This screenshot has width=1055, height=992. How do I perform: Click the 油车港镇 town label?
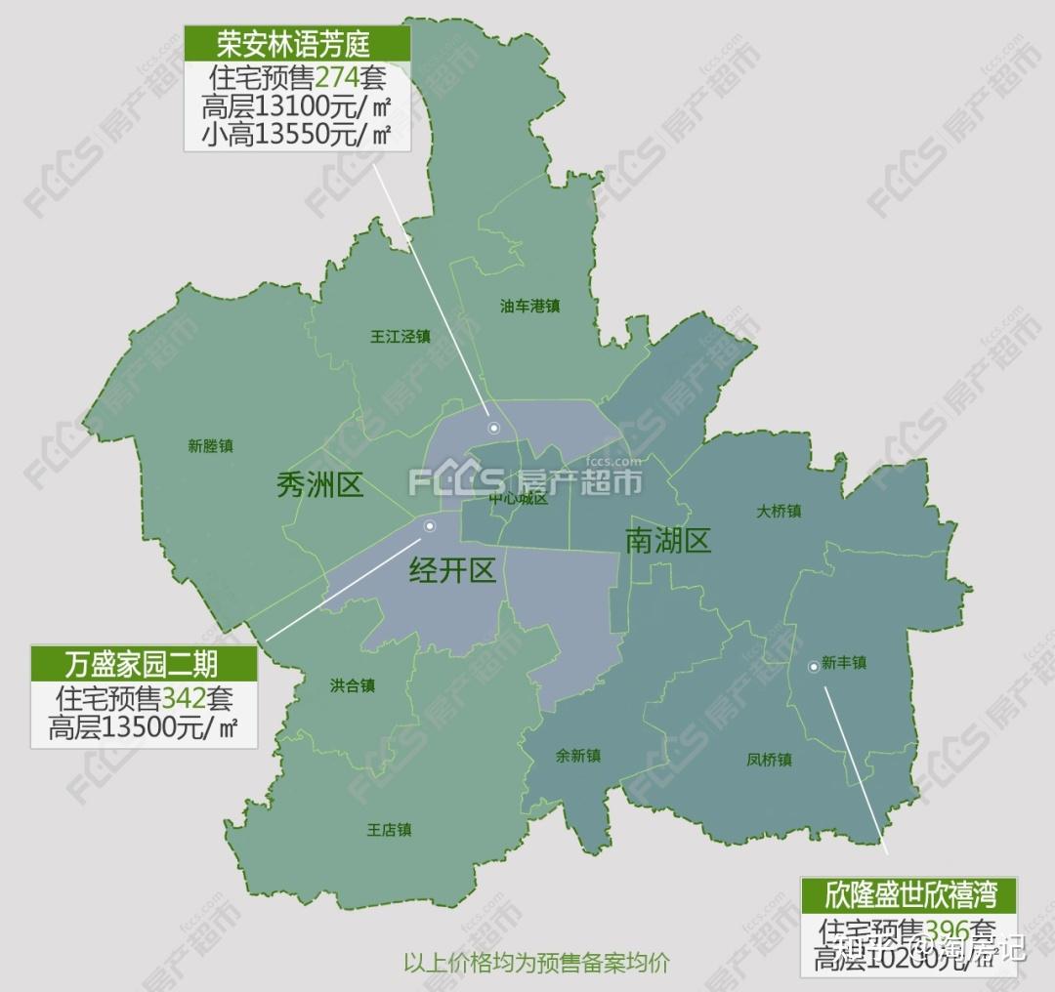529,307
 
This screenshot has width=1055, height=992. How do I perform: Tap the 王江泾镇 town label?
401,337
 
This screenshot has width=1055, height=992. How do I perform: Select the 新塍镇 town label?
210,446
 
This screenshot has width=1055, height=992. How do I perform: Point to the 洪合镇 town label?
353,685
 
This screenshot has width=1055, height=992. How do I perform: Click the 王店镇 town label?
389,831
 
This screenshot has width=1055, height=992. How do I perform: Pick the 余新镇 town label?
577,756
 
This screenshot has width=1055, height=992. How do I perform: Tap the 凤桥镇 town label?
769,760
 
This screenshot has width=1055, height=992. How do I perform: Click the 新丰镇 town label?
844,663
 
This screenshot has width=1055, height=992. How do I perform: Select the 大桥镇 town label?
779,511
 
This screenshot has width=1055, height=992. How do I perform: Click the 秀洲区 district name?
319,484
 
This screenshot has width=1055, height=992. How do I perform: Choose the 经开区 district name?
452,569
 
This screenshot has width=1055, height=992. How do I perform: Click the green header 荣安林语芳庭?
297,44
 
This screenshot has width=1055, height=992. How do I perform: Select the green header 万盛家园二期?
143,664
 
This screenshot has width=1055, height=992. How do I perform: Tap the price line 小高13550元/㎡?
297,134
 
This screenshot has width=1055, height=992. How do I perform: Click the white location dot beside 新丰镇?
813,667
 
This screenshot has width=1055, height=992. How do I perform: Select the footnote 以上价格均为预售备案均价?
536,962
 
